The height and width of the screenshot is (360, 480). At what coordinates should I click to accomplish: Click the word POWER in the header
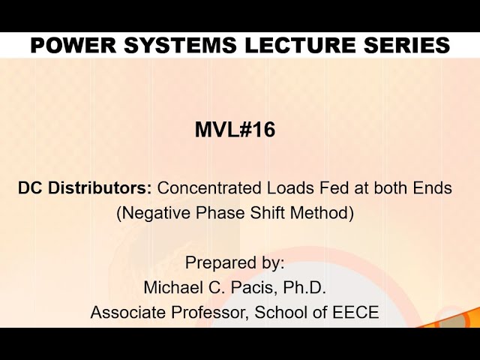[x=73, y=45]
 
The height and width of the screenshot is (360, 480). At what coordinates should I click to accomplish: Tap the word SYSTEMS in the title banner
[x=180, y=45]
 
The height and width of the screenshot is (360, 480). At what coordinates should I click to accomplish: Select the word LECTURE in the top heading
[x=300, y=45]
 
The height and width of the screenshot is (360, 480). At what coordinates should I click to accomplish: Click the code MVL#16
[x=235, y=130]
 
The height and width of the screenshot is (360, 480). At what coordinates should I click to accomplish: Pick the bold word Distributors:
[x=100, y=187]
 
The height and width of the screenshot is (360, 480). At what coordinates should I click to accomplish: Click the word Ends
[x=432, y=187]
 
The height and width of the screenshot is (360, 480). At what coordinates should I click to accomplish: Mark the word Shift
[x=267, y=213]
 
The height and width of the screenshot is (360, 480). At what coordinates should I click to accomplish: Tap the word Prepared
[x=218, y=263]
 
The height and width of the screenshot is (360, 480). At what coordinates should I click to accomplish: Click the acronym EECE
[x=355, y=312]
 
